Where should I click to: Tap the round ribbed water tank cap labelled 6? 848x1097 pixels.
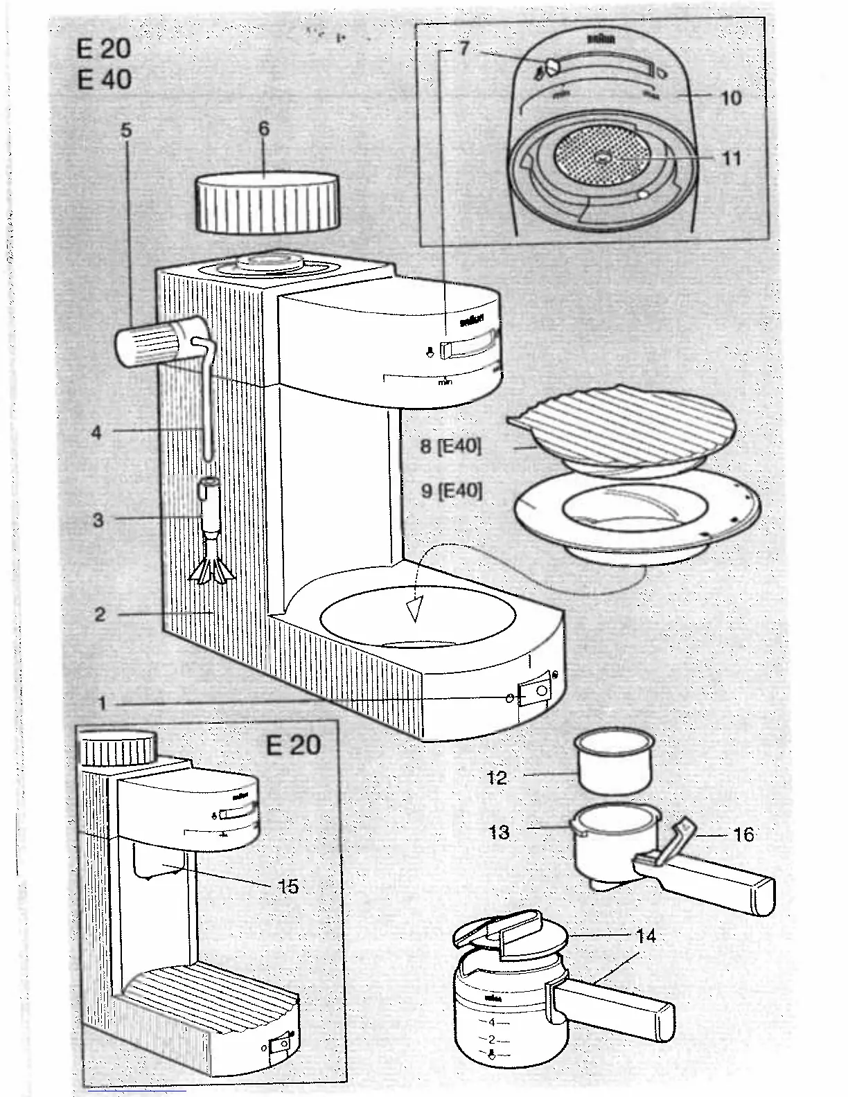coord(267,203)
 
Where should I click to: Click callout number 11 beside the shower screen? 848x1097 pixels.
coord(732,159)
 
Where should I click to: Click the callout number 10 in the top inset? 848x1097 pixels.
coord(731,98)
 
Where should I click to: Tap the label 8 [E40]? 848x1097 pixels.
coord(450,446)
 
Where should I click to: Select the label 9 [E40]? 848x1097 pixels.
coord(451,491)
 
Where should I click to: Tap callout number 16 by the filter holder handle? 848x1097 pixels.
coord(743,834)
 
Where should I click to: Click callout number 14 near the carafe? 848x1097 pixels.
coord(646,936)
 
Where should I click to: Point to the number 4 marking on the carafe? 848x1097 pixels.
coord(491,1022)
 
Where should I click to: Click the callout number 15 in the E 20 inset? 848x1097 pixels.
coord(288,886)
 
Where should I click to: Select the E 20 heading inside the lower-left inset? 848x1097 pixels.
coord(293,745)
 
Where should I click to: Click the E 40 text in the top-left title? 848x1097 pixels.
coord(104,80)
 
